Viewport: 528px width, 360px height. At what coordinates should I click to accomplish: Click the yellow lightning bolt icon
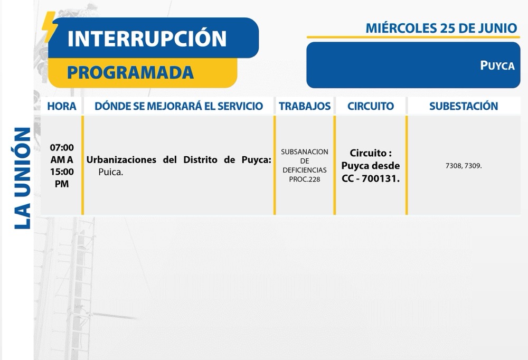[x=50, y=26]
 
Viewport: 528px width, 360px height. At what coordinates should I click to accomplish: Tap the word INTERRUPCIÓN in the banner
[x=147, y=38]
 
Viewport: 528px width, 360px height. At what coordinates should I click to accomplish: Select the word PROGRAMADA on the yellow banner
[x=130, y=72]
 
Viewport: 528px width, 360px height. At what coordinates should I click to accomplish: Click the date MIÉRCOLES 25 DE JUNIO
[x=441, y=28]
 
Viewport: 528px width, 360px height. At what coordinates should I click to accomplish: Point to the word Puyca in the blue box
[x=497, y=65]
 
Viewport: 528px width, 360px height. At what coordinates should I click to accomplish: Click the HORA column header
[x=62, y=106]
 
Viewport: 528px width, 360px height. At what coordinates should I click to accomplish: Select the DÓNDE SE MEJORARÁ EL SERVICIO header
[x=179, y=106]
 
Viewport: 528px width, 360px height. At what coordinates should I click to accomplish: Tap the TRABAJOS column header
[x=305, y=106]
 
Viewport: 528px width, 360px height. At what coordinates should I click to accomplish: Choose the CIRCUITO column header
[x=371, y=106]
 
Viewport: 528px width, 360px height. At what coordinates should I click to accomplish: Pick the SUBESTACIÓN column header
[x=464, y=106]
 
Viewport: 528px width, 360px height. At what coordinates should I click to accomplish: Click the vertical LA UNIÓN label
[x=23, y=178]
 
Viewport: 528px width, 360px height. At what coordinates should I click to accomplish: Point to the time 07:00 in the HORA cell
[x=62, y=147]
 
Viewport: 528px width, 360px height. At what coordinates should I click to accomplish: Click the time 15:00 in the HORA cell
[x=62, y=172]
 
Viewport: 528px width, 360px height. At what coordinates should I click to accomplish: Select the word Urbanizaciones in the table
[x=121, y=159]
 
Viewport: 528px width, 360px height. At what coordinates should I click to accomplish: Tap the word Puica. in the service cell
[x=111, y=172]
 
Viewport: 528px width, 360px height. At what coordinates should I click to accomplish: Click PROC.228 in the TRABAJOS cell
[x=305, y=179]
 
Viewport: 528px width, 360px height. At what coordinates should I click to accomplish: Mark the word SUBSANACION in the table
[x=305, y=152]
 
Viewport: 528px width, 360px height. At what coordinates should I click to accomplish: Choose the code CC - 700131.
[x=371, y=178]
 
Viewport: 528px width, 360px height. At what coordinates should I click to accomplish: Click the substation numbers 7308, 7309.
[x=464, y=166]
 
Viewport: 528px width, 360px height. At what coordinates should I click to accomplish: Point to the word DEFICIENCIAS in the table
[x=305, y=170]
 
